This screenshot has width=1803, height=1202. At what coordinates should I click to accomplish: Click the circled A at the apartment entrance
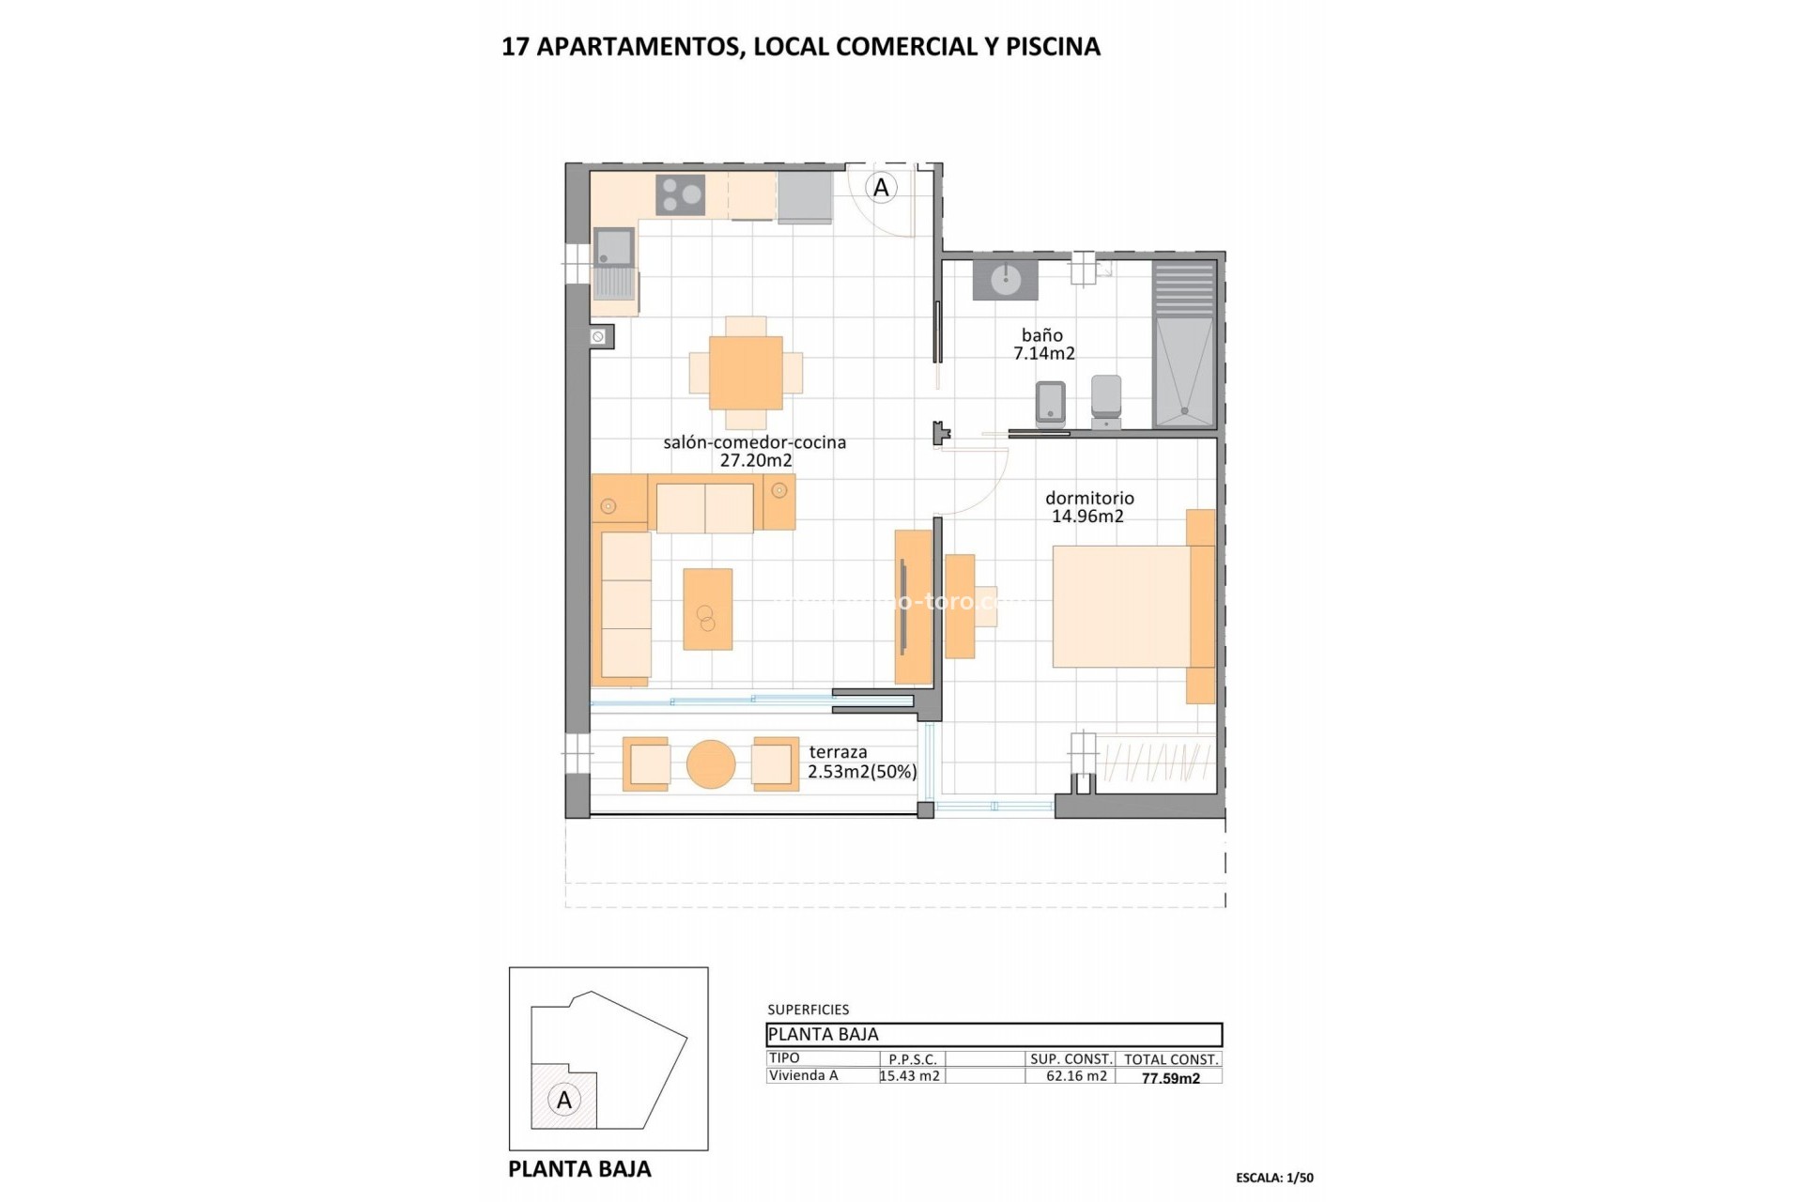coord(881,188)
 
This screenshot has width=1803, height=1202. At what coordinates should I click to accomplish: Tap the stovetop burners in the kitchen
coord(681,195)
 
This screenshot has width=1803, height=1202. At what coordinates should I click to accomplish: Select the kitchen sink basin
coord(614,247)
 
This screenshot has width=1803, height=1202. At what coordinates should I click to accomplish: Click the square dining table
coord(746,373)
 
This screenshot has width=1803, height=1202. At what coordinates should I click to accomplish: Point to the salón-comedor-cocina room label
coord(754,442)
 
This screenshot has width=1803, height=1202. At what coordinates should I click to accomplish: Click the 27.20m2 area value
coord(756,461)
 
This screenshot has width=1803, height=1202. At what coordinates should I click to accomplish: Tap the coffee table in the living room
coord(707,609)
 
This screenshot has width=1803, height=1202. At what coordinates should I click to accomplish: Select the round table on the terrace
coord(711,764)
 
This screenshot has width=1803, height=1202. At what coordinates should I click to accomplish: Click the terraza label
coord(838,752)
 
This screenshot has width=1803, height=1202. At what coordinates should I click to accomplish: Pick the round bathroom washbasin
coord(1006,279)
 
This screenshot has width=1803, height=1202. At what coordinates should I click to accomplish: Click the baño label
coord(1042,335)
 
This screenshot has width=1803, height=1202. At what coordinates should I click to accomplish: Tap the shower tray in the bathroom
coord(1184,372)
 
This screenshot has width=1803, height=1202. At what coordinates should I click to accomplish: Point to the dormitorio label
coord(1089,499)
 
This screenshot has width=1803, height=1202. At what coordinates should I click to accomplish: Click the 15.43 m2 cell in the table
coord(911,1076)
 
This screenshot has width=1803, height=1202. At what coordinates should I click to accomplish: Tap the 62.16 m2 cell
coord(1076,1076)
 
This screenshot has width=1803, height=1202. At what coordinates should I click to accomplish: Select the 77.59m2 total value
coord(1170,1078)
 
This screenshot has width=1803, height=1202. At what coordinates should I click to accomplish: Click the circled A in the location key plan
coord(564,1100)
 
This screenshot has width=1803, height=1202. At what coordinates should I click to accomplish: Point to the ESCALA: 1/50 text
coord(1274,1178)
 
